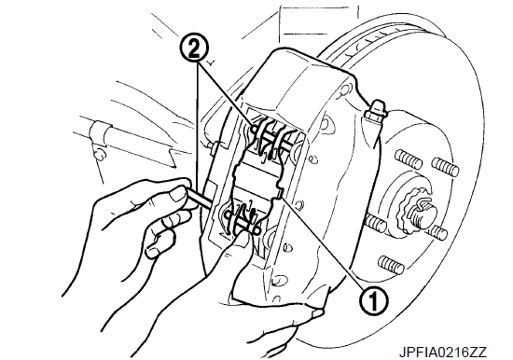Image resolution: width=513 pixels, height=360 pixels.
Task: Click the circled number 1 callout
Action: tap(373, 301)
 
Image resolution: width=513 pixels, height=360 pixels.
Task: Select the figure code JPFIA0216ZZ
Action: tap(443, 353)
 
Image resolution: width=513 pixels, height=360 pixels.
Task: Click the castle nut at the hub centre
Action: tap(415, 210)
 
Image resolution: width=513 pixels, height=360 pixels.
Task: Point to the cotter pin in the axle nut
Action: tap(424, 205)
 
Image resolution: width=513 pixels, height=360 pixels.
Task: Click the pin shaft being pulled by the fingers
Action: tap(201, 199)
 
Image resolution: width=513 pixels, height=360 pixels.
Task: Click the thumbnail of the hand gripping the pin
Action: tap(177, 196)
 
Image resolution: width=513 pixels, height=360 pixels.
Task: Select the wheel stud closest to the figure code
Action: tap(391, 264)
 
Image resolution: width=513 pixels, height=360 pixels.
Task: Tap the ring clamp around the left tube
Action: tap(99, 133)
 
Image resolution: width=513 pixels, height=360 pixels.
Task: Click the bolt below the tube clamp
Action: tap(99, 154)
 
